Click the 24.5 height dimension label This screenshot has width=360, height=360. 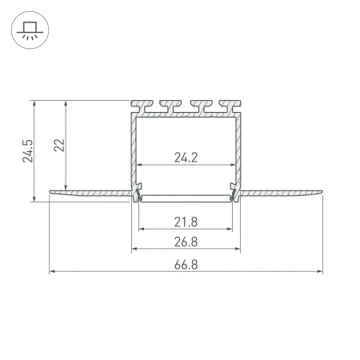[x=27, y=150]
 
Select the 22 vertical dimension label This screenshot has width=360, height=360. [x=59, y=144]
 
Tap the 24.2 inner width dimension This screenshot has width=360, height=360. [x=186, y=158]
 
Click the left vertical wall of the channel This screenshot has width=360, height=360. [x=133, y=148]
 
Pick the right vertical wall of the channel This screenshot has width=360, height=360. [x=239, y=148]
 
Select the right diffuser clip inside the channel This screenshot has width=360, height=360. [x=233, y=193]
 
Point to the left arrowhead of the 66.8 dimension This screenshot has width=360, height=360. [x=54, y=271]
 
